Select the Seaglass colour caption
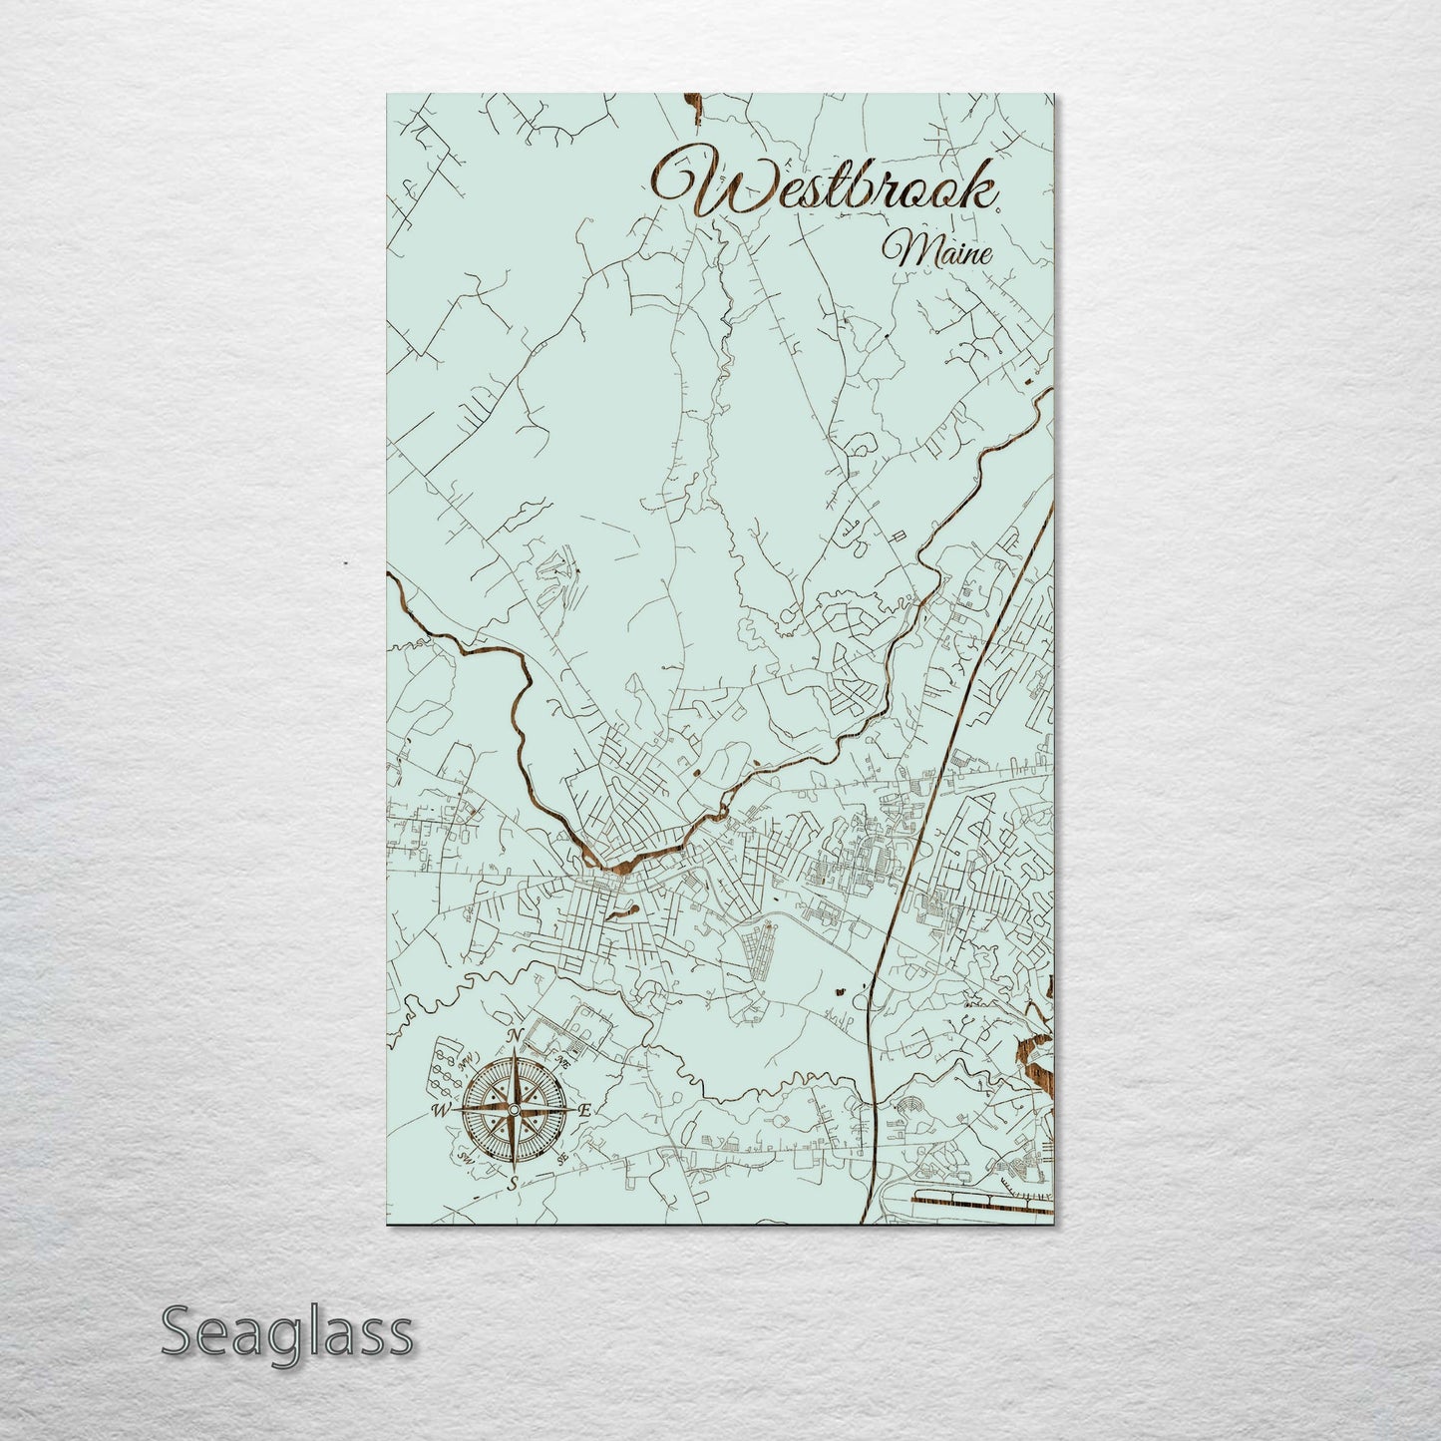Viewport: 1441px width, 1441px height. [286, 1331]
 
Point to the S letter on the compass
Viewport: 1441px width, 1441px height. [513, 1184]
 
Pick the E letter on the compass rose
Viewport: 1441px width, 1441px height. [585, 1110]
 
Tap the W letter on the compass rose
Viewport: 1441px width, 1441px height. [439, 1110]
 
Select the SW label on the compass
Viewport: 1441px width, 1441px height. [465, 1157]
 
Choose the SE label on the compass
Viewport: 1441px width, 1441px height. [563, 1157]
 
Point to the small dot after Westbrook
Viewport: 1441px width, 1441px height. [998, 206]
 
